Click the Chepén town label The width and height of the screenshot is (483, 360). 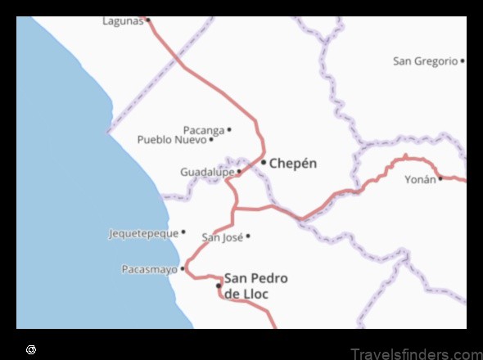point(293,164)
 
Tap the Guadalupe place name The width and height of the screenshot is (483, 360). point(207,173)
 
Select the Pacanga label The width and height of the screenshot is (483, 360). point(203,130)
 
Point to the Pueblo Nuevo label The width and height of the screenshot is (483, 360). point(172,140)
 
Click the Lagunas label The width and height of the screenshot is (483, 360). point(122,20)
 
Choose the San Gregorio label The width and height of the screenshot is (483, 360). point(425,61)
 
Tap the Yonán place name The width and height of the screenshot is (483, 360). point(420,179)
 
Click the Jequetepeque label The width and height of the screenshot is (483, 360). point(143,234)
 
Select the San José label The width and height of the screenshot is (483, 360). point(222,238)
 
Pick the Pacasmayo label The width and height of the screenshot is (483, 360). point(149,269)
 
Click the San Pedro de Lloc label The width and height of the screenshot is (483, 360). point(255,286)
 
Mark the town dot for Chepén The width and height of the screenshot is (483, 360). point(264,162)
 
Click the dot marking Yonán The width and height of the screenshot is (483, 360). point(440,178)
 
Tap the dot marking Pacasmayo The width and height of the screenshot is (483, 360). point(183,268)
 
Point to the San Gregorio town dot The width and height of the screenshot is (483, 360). point(463,61)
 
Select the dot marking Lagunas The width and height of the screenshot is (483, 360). point(148,20)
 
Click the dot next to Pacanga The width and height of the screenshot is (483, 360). point(229,129)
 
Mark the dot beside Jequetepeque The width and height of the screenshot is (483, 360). point(183,232)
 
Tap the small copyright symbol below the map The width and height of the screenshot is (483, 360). point(31,349)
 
